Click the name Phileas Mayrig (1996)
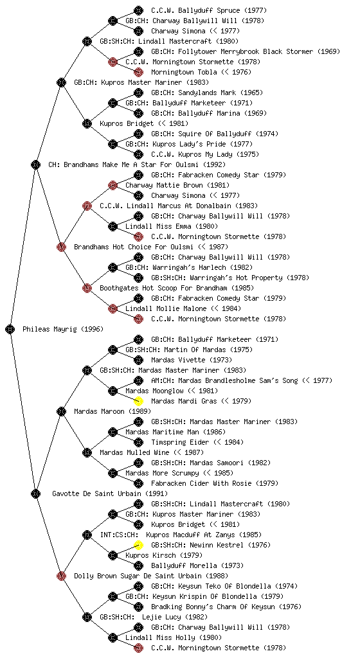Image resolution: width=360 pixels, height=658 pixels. coord(63,330)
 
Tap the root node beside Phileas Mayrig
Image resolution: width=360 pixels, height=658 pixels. coord(10,330)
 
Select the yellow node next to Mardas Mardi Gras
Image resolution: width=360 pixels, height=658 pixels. coord(138,401)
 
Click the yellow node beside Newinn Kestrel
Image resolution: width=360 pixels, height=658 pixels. coord(138,545)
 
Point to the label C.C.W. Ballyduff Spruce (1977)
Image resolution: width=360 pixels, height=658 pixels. coord(209,10)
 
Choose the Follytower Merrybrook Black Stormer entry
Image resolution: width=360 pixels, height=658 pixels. coord(246,51)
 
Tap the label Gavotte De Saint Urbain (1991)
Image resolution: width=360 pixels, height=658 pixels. coord(110,494)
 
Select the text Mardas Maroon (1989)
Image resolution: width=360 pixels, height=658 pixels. coord(113,412)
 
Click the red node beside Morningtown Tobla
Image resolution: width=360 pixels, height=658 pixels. coord(138,72)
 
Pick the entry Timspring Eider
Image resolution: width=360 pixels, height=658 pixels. coord(197,442)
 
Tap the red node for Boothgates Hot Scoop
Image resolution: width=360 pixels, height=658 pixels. coord(87,289)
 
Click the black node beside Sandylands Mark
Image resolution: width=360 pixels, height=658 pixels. coord(138,93)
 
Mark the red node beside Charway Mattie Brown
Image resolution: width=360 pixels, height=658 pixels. coord(113,186)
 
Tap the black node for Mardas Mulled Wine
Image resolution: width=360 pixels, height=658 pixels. coord(87,453)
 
